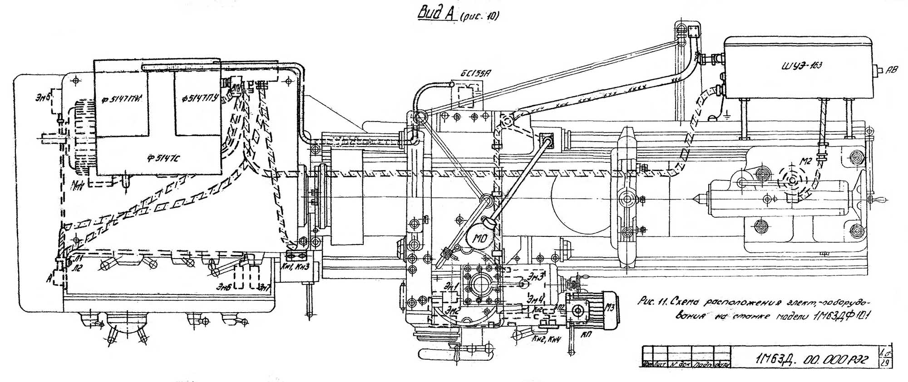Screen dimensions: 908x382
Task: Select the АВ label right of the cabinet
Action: pyautogui.click(x=891, y=71)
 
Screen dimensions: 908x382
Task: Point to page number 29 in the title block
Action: pyautogui.click(x=885, y=363)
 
